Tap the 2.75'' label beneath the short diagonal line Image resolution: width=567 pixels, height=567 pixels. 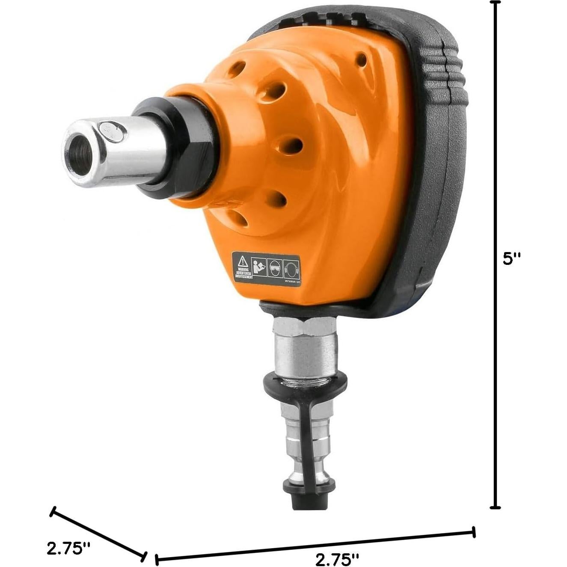[68, 548]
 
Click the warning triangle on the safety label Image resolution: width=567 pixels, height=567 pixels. [243, 261]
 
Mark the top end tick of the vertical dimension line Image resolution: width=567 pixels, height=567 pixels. [495, 3]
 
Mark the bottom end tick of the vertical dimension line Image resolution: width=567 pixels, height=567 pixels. [495, 508]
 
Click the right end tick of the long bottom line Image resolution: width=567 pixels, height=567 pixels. [474, 532]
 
